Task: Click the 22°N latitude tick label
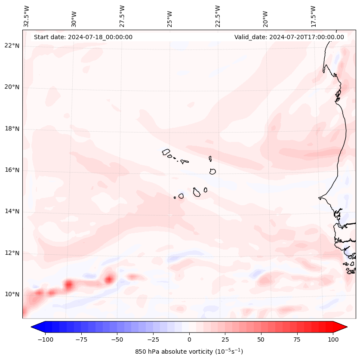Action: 12,46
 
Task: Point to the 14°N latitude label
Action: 12,211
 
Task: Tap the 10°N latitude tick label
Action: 12,294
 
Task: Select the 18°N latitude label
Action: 12,129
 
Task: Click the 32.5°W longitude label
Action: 27,16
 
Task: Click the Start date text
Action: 83,37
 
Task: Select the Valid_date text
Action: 289,37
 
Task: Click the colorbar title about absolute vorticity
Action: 189,352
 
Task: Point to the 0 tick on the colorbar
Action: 189,339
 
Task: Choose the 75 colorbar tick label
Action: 297,339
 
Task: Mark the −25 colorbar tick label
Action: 153,339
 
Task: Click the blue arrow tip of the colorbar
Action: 35,327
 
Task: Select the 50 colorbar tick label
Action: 261,339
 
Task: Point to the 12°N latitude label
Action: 12,253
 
